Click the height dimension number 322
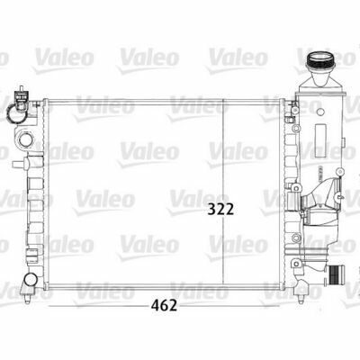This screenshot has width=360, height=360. click(220, 209)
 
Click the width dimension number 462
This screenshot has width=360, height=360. click(164, 305)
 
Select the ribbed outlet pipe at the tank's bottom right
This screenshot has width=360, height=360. click(337, 275)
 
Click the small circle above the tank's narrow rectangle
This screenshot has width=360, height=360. click(320, 112)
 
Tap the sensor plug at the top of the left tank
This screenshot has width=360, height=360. click(21, 94)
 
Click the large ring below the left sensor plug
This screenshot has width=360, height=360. click(16, 112)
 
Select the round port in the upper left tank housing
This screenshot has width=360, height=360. click(26, 139)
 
